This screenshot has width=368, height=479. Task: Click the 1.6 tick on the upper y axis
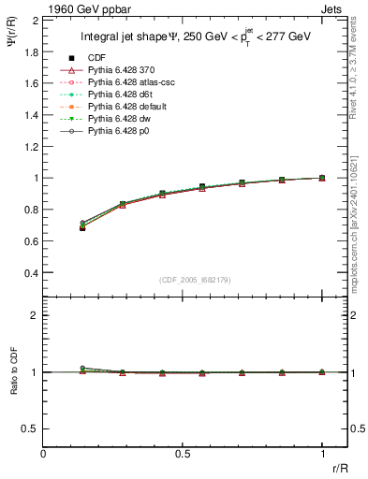click(x=30, y=82)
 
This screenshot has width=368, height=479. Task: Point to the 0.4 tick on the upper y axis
click(x=30, y=272)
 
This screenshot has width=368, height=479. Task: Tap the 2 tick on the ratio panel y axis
click(x=35, y=315)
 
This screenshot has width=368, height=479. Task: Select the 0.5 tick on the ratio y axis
click(x=30, y=428)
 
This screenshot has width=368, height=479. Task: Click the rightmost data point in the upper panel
click(x=322, y=178)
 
